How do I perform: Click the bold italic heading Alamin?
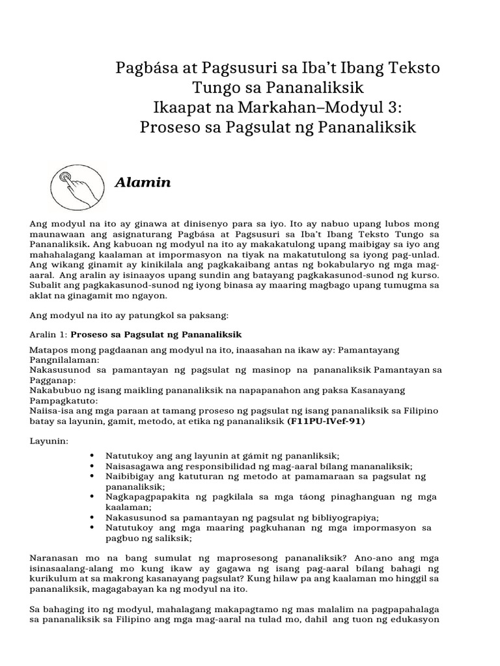(143, 183)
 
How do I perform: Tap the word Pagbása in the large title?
(141, 68)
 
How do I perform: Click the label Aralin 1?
(49, 335)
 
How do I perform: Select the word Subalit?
(45, 285)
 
